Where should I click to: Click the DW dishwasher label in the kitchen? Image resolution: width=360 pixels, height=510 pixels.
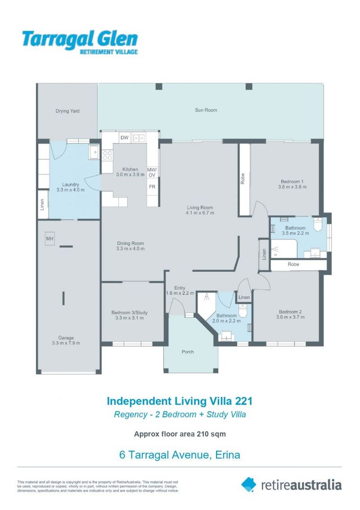(125, 137)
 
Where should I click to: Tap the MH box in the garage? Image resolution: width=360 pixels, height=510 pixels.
(50, 239)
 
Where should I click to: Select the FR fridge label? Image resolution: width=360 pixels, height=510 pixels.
(152, 187)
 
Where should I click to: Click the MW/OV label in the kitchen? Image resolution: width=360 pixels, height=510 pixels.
(152, 172)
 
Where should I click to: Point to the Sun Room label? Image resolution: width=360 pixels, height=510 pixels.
(206, 110)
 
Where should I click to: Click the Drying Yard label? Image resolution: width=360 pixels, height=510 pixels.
(67, 111)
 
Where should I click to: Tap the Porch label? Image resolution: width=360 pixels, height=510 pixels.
(188, 352)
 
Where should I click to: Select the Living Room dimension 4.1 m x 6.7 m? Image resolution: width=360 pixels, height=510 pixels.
(200, 213)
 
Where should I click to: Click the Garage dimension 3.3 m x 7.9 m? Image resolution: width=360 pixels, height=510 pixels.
(66, 343)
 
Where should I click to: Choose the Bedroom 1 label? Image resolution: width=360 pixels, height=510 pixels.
(293, 181)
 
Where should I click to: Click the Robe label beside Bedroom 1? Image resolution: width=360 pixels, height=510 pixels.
(243, 179)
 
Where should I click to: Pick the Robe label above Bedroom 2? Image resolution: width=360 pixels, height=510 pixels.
(293, 264)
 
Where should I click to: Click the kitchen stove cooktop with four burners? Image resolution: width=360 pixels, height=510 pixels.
(107, 155)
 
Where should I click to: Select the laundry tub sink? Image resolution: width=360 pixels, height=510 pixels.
(94, 152)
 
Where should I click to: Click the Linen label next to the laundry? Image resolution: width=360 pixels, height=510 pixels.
(42, 204)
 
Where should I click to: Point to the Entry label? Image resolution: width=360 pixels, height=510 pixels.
(180, 288)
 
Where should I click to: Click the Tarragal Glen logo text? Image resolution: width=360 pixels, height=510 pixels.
(80, 42)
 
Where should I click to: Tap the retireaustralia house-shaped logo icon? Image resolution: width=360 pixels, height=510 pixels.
(249, 484)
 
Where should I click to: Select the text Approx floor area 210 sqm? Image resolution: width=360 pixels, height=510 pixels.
(180, 434)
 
